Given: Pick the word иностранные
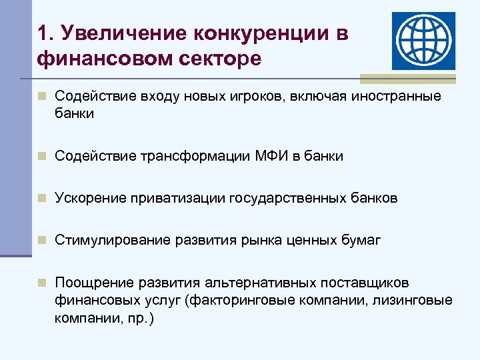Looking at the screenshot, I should [399, 97].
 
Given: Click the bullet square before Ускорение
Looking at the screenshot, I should [42, 198].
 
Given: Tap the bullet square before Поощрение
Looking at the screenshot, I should [42, 283].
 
